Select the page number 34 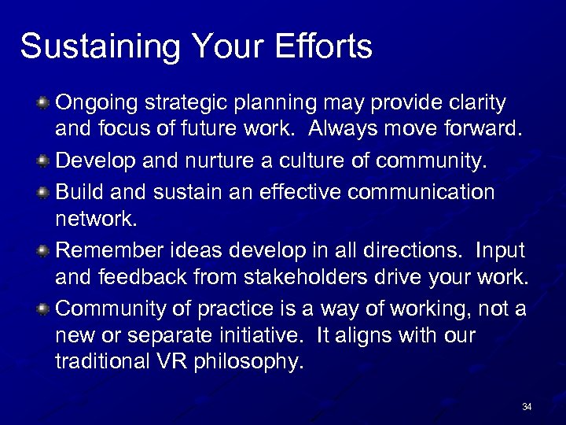[527, 407]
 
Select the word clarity [474, 103]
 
